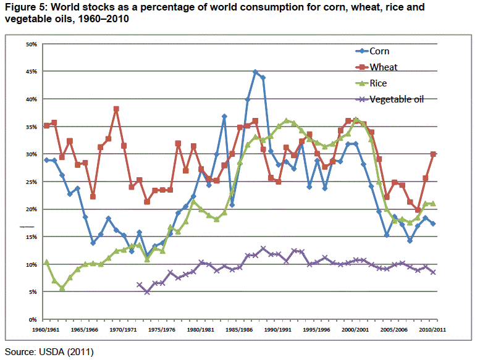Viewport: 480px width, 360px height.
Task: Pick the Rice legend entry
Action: tap(379, 83)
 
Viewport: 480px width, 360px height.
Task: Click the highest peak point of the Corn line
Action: tap(255, 72)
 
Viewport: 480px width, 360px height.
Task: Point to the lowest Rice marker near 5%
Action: tap(62, 288)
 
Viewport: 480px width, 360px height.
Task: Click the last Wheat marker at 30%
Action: tap(434, 154)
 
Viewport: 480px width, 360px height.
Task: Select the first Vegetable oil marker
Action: tap(140, 285)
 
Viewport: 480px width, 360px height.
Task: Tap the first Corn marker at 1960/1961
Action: tap(47, 160)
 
